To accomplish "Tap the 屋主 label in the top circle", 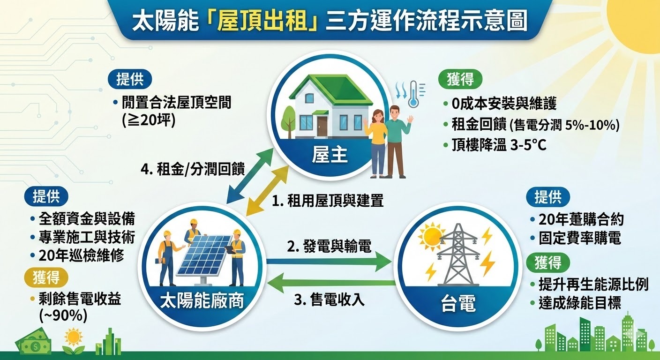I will pos(330,155).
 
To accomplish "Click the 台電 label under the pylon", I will pos(457,305).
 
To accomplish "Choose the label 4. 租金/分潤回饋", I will pos(193,169).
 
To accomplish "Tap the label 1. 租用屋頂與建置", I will pos(328,202).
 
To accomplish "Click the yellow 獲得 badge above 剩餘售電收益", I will pos(46,277).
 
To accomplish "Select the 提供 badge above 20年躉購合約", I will pos(547,197).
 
